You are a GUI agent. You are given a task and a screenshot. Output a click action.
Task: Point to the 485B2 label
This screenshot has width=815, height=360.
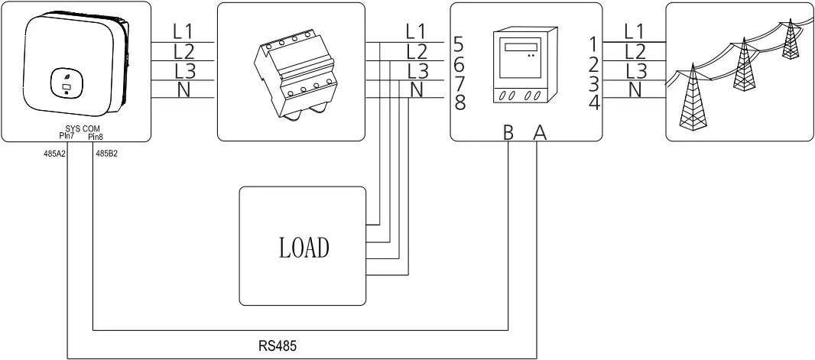[106, 152]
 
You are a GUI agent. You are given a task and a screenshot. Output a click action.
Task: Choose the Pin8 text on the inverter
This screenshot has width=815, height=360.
[95, 137]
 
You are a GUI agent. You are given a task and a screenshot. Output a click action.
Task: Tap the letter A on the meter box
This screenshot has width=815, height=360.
[539, 133]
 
